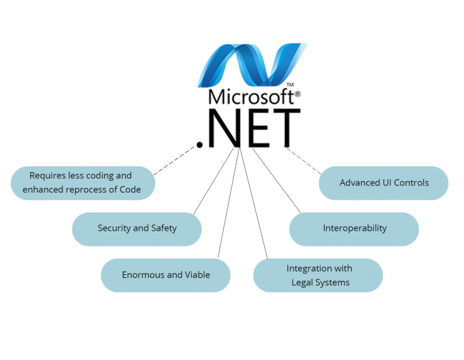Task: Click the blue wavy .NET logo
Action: coord(253,65)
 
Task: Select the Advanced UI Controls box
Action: coord(384,182)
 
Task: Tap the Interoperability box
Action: coord(354,228)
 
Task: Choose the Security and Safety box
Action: coord(137,228)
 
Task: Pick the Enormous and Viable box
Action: coord(166,275)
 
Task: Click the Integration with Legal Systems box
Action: coord(318,275)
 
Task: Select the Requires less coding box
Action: coord(82,182)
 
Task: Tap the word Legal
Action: coord(303,282)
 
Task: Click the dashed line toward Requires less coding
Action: coord(174,161)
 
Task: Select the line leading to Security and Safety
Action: coord(214,179)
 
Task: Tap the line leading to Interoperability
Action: coord(276,179)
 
